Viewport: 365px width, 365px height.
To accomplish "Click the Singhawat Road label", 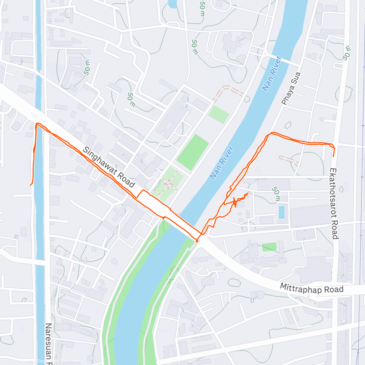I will point(109,167).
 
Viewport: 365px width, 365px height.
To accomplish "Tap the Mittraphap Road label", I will point(311,288).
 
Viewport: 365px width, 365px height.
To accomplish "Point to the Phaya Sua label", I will point(291,89).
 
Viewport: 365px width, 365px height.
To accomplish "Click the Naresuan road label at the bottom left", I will point(49,344).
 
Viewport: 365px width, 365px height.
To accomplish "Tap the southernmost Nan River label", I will point(222,163).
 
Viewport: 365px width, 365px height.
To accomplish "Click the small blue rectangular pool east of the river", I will point(282,212).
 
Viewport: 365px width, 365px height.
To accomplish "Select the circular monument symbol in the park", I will point(168,184).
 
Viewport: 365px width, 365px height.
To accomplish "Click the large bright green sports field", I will point(193,152).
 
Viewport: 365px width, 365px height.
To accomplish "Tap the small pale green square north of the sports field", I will point(219,115).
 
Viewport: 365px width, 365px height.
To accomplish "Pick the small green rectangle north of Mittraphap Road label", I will point(269,247).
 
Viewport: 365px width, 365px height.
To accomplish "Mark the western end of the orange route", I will point(30,185).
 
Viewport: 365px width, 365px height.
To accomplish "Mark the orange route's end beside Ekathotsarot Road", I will point(333,156).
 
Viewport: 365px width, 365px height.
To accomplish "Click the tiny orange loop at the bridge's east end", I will point(197,241).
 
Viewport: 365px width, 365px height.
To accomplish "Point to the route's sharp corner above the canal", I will point(37,124).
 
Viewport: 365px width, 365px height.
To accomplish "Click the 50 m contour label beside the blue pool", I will point(276,194).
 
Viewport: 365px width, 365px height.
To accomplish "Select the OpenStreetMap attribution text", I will point(62,361).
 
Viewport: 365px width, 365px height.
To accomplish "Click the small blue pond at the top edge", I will point(172,4).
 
